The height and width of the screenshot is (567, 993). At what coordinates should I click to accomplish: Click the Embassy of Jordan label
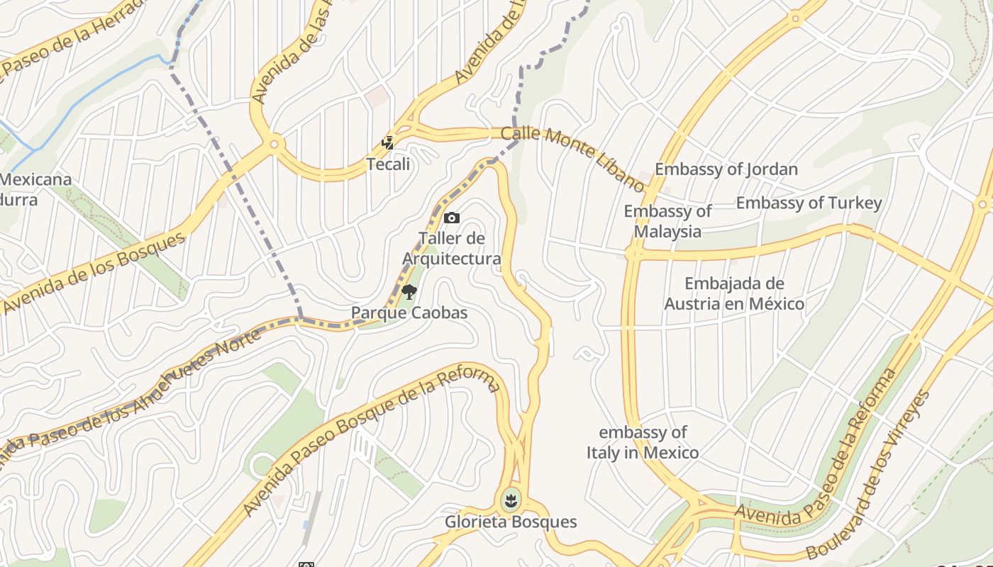click(x=726, y=169)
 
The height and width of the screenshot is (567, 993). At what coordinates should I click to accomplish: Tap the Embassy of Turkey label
click(x=809, y=203)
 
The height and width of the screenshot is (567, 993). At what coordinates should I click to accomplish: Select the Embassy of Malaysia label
click(x=667, y=221)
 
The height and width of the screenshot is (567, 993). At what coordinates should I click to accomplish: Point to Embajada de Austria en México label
click(x=734, y=294)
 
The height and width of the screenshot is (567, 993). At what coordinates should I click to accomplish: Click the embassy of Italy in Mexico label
click(x=643, y=442)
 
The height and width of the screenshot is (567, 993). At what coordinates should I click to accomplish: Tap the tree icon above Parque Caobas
click(x=409, y=292)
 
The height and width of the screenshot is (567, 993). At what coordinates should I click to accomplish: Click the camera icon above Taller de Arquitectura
click(x=451, y=218)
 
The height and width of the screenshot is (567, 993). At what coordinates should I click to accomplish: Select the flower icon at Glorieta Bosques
click(x=509, y=501)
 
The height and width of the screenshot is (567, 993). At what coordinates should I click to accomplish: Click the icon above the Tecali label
click(x=387, y=144)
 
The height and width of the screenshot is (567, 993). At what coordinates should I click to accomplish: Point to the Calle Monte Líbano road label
click(x=573, y=158)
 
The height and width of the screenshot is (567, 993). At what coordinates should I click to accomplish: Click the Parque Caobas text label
click(x=409, y=313)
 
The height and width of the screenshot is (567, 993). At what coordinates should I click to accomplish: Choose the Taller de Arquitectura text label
click(x=452, y=249)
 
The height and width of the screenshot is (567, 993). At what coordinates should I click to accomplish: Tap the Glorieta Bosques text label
click(x=511, y=522)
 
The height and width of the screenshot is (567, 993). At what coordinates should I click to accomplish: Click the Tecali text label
click(x=388, y=164)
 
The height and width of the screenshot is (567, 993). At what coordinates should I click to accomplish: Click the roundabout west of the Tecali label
click(x=274, y=144)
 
